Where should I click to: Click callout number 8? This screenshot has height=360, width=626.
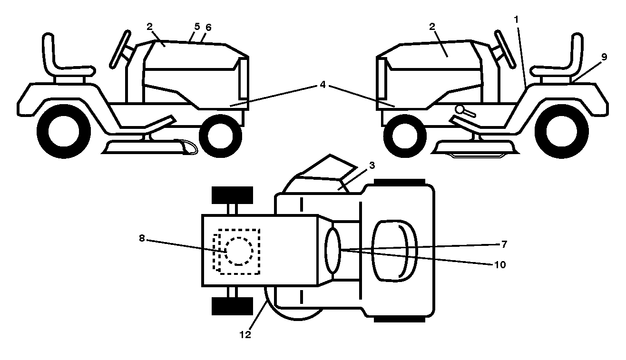(x=142, y=238)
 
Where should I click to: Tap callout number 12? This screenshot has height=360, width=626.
(x=245, y=335)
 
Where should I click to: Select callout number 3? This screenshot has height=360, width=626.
(x=372, y=165)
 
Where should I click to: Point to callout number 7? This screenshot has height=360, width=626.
(x=504, y=244)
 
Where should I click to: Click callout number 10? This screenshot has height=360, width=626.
(x=500, y=264)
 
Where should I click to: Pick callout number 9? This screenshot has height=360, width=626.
(x=604, y=57)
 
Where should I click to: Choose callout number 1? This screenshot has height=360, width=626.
(x=516, y=19)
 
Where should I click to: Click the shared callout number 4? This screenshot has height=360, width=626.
(x=323, y=84)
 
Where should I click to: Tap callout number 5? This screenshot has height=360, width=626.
(x=197, y=27)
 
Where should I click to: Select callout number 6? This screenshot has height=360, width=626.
(x=208, y=28)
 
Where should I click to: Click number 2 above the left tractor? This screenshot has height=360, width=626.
(x=149, y=27)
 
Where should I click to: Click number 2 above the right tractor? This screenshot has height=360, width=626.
(x=432, y=27)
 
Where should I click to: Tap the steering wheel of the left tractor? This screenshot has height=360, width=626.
(x=120, y=49)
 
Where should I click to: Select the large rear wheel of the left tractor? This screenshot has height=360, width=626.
(x=64, y=132)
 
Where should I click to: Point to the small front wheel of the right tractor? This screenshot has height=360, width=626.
(x=405, y=136)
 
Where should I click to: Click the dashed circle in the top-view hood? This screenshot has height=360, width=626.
(x=239, y=251)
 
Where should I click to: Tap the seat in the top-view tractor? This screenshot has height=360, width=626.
(x=395, y=251)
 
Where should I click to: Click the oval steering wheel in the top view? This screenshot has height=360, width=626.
(x=333, y=250)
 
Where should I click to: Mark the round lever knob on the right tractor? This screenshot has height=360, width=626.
(x=459, y=109)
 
